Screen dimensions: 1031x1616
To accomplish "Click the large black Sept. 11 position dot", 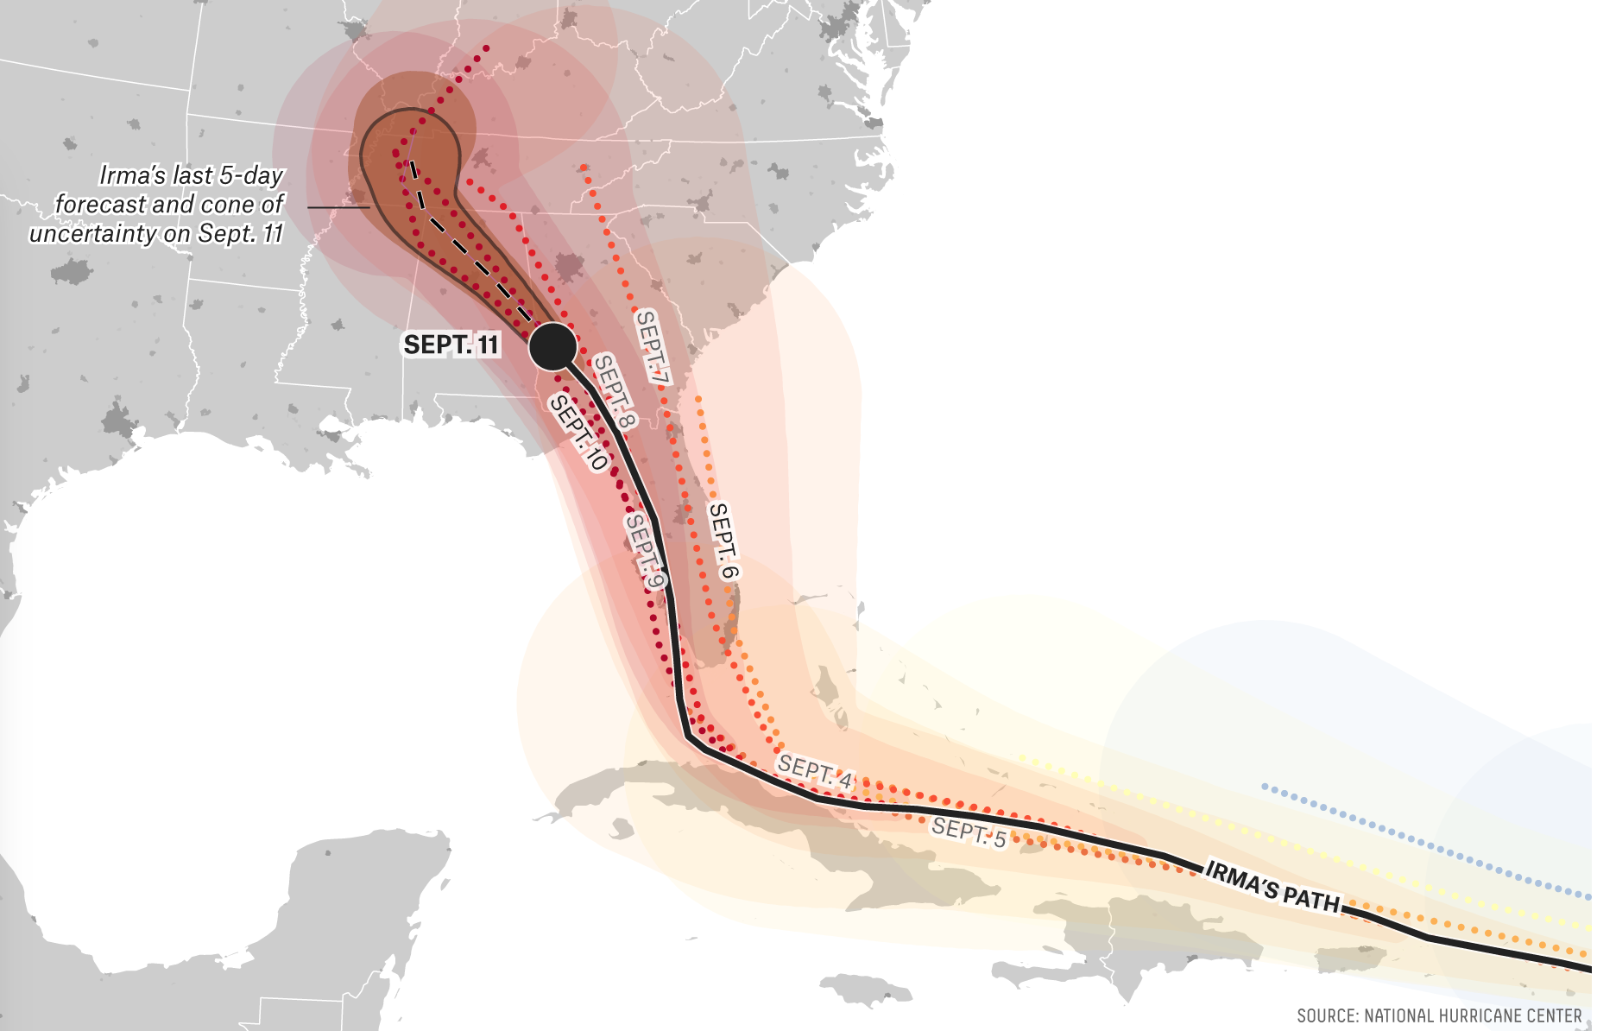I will tap(552, 346).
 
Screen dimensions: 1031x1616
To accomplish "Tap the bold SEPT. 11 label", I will tap(451, 345).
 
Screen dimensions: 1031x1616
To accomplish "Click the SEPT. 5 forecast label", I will tap(969, 832).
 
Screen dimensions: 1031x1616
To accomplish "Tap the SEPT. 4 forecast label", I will tap(814, 771).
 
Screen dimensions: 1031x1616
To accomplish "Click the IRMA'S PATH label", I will tap(1272, 886).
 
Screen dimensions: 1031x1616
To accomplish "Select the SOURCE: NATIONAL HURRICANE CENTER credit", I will tap(1439, 1015).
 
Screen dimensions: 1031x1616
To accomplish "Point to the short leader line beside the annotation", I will tap(338, 207).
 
